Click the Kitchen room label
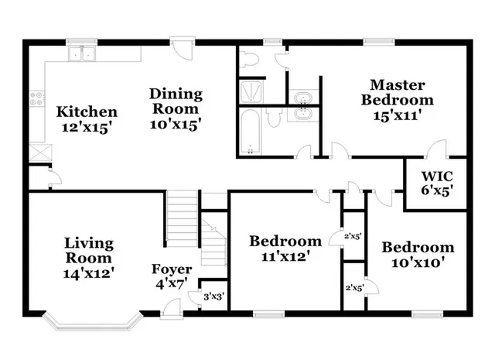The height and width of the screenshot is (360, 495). click(87, 112)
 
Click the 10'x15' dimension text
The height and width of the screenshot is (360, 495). click(176, 124)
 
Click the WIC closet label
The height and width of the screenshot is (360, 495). click(437, 173)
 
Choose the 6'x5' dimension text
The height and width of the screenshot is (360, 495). click(437, 188)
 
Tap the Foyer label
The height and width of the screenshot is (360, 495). click(171, 269)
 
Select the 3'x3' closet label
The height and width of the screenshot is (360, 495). click(213, 296)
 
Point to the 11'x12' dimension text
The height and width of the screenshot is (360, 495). click(285, 255)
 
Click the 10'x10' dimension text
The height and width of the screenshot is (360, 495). click(418, 262)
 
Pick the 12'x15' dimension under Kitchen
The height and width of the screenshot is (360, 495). click(87, 127)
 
